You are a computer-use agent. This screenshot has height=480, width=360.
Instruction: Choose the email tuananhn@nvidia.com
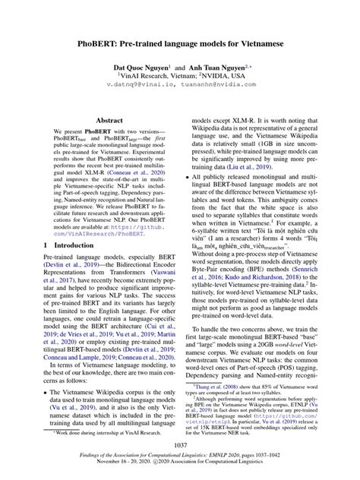(223, 86)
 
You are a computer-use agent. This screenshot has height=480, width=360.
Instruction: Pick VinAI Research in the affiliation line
(148, 76)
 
